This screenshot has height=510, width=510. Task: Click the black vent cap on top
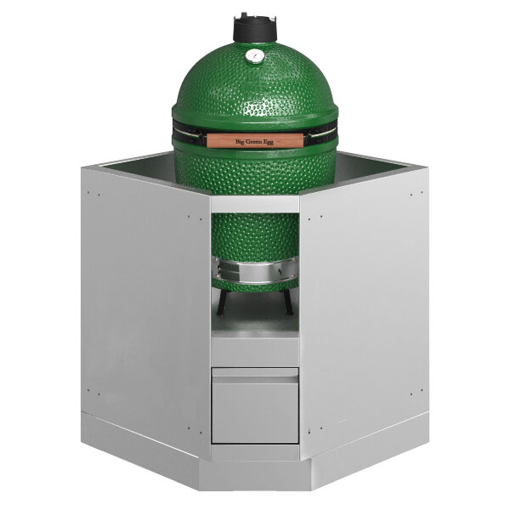click(x=255, y=28)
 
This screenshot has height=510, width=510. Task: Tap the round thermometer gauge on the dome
click(x=254, y=56)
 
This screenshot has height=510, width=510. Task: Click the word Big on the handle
click(x=240, y=141)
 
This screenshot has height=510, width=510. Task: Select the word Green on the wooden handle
click(x=255, y=142)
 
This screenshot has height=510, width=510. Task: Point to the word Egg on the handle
click(x=269, y=143)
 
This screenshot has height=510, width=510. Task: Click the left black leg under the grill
click(x=222, y=303)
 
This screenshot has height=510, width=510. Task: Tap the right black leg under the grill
click(x=288, y=303)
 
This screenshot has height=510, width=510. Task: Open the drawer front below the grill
click(x=255, y=405)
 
